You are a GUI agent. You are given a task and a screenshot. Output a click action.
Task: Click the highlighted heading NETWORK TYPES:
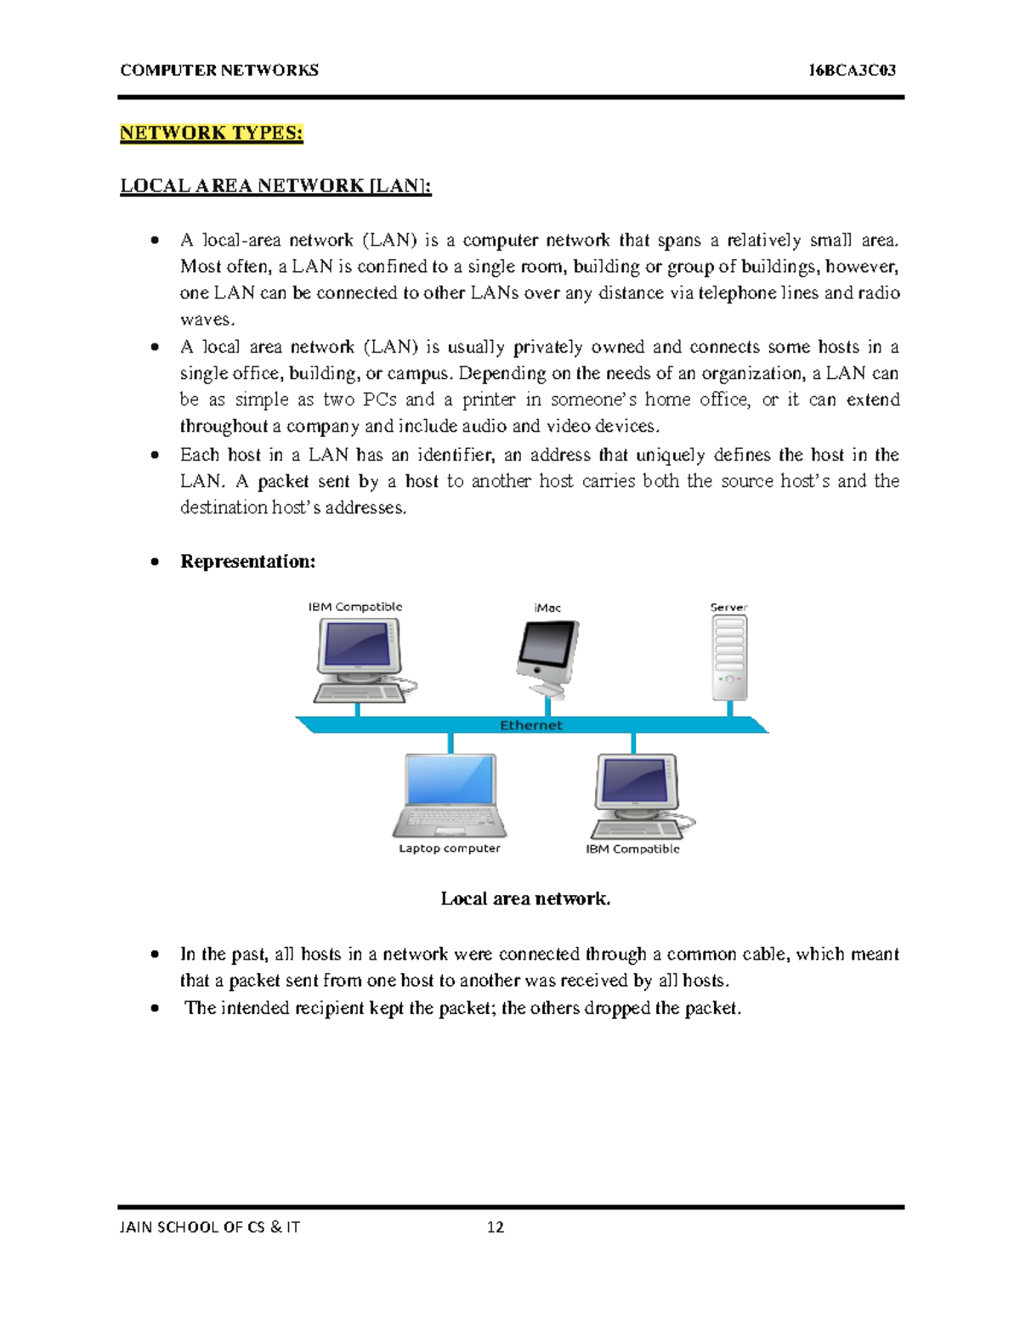(211, 133)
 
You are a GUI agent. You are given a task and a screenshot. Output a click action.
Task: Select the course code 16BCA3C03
(852, 71)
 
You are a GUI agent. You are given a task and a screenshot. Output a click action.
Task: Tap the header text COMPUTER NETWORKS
(219, 71)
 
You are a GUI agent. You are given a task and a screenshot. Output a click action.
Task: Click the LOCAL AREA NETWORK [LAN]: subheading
(275, 186)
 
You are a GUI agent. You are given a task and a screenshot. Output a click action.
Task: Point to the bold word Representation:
(247, 562)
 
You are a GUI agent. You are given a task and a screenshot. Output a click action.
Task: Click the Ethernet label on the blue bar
(530, 725)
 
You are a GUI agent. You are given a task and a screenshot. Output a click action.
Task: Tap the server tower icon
(729, 657)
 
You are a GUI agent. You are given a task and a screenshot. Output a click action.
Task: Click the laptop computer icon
(450, 795)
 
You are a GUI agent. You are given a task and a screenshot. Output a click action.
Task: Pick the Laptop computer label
(450, 848)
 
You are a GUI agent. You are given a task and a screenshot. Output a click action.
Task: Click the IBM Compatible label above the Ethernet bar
(354, 607)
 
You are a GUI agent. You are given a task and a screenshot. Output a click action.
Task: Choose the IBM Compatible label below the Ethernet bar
(632, 849)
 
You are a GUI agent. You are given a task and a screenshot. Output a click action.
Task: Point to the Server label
(728, 608)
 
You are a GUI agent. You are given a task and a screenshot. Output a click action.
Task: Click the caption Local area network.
(525, 899)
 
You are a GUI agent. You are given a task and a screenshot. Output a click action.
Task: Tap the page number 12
(496, 1227)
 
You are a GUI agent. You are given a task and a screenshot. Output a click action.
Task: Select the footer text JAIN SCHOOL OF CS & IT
(210, 1227)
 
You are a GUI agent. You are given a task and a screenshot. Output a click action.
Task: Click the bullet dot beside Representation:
(155, 562)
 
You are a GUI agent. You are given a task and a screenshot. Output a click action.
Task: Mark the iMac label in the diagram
(547, 608)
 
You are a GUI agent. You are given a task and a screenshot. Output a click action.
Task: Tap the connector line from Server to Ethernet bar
(729, 708)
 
